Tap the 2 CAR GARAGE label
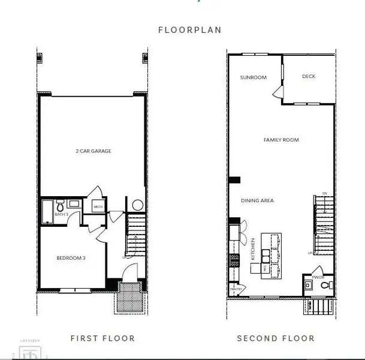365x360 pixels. (x=93, y=151)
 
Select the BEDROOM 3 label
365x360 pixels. (x=71, y=258)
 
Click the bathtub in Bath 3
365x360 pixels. (x=47, y=212)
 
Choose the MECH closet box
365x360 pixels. (x=98, y=206)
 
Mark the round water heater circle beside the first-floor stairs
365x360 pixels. (x=137, y=205)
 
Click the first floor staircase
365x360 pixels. (x=137, y=234)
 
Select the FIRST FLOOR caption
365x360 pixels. (x=102, y=338)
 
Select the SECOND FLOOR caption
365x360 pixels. (x=275, y=338)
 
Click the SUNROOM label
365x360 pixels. (x=253, y=77)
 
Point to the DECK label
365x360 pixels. (x=309, y=76)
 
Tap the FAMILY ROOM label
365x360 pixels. (x=281, y=140)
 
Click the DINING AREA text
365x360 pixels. (x=257, y=200)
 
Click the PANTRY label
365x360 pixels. (x=236, y=289)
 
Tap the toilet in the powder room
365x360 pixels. (x=326, y=286)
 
